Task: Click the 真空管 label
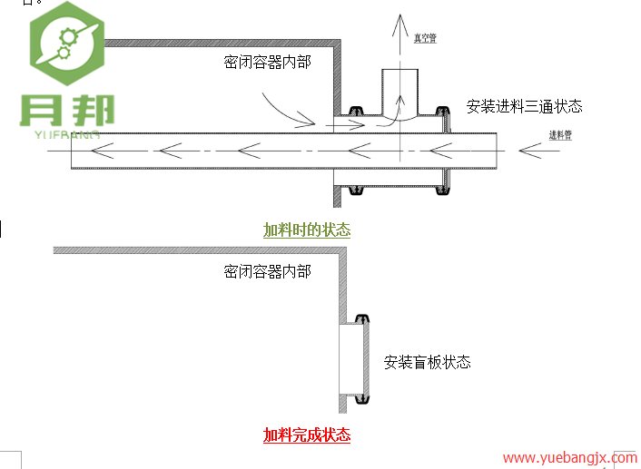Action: click(426, 38)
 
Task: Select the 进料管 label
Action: click(560, 135)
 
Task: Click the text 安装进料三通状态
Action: click(524, 106)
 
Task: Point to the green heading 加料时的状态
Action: click(307, 230)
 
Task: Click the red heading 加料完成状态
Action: click(307, 435)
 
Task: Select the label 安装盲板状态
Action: click(427, 362)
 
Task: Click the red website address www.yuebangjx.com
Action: click(569, 458)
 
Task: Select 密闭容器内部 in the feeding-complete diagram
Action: click(267, 270)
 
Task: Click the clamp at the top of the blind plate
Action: click(362, 318)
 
